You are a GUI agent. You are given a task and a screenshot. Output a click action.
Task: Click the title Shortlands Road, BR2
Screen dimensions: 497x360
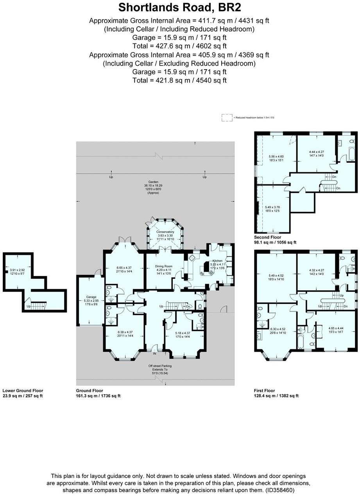tap(179, 7)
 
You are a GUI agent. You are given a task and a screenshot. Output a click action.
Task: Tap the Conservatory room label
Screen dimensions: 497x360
tap(165, 232)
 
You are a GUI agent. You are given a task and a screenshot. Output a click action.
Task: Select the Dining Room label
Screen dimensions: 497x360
tap(164, 266)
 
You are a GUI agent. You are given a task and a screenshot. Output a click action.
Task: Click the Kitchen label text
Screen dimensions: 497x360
tap(217, 261)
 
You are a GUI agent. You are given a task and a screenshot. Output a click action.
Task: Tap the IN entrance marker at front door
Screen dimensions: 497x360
tap(154, 353)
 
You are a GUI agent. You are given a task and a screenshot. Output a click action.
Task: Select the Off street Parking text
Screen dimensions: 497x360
tap(160, 366)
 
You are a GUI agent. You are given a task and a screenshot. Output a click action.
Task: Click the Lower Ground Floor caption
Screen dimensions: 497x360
tap(23, 390)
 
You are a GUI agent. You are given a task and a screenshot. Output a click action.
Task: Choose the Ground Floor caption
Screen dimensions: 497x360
tap(90, 390)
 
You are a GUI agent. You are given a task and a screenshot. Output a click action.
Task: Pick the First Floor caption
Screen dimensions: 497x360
tap(265, 390)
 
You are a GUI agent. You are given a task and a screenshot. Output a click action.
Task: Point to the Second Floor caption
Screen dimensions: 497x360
tap(267, 237)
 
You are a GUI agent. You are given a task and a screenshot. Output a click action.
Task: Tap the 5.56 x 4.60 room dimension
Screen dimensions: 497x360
tap(276, 156)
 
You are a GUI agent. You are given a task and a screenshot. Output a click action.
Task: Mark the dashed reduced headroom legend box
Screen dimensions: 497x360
tap(227, 117)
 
